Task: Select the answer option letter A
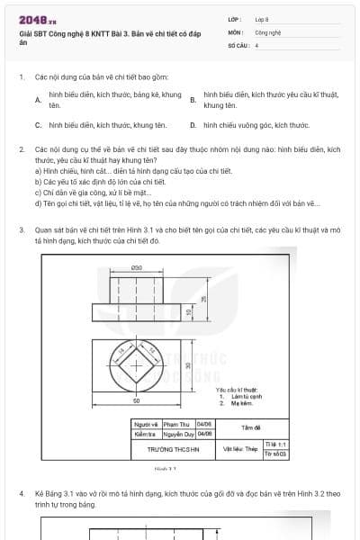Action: pos(38,100)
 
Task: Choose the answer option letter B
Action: pos(193,100)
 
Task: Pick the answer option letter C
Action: pos(38,126)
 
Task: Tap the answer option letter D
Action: pos(193,126)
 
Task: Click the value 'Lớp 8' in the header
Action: pos(262,19)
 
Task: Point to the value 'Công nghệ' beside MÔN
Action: pos(267,31)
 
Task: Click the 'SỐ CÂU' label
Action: pos(237,44)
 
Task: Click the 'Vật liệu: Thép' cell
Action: pos(239,448)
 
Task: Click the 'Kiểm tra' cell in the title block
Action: pos(146,433)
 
